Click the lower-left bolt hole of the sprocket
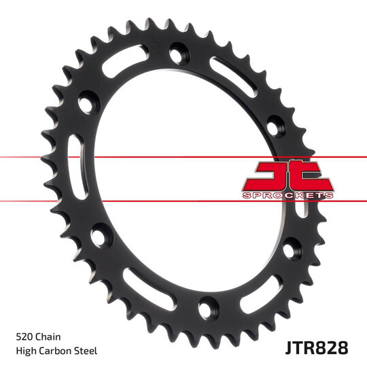click(x=99, y=237)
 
